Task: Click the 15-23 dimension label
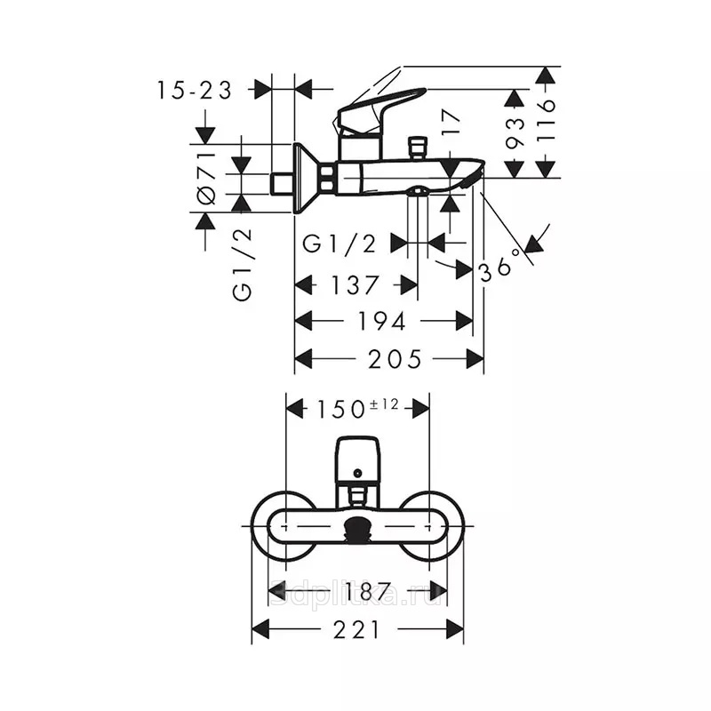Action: click(194, 90)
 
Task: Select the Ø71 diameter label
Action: click(206, 178)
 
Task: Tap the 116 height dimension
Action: click(546, 121)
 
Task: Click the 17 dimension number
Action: click(451, 123)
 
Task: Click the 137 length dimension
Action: click(354, 285)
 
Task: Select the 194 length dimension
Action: click(381, 322)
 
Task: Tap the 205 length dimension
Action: click(395, 360)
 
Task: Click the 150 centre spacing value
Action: click(340, 409)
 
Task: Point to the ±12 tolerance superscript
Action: click(384, 403)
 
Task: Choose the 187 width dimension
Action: click(367, 591)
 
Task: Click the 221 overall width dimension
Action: click(356, 630)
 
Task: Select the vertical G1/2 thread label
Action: click(242, 264)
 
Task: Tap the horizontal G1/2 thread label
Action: click(340, 244)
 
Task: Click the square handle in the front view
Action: click(357, 459)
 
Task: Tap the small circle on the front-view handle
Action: click(357, 473)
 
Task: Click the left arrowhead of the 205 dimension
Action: click(303, 359)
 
